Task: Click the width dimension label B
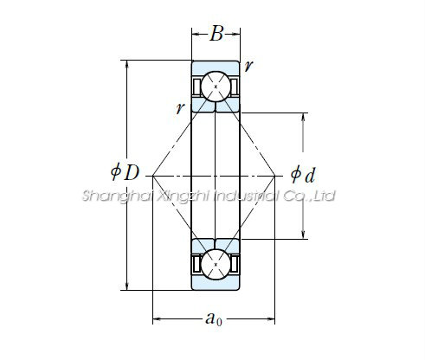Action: (x=216, y=34)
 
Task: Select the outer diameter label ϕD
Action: (x=126, y=172)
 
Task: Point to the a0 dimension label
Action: (x=214, y=319)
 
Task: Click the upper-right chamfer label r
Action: (x=248, y=66)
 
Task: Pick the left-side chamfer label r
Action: (x=180, y=108)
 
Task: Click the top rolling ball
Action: (x=216, y=87)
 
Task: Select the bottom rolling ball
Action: (x=216, y=264)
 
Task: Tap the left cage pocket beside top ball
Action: (x=196, y=87)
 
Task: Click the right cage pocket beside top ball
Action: (x=235, y=87)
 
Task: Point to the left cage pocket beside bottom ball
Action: (x=196, y=264)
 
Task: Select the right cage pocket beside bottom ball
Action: (x=235, y=264)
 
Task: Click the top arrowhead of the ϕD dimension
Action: (x=127, y=64)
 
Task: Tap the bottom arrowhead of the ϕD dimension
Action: (x=127, y=286)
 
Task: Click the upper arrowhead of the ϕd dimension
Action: (x=303, y=117)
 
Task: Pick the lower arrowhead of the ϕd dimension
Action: (x=303, y=235)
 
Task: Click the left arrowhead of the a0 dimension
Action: (x=157, y=319)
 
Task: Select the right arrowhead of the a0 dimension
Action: (x=271, y=319)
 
